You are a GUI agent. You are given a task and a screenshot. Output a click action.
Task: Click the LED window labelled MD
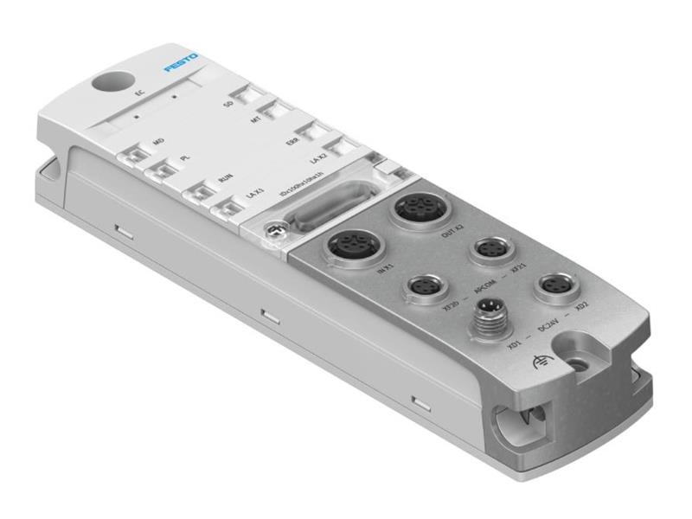click(134, 156)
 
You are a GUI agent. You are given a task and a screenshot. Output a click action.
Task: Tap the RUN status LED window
click(204, 192)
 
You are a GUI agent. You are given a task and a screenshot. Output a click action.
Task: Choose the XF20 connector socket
click(424, 286)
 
